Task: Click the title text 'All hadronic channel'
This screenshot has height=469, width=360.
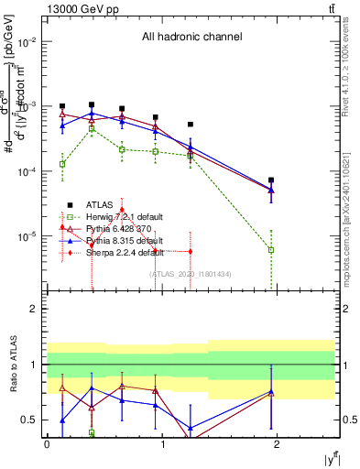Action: (x=191, y=38)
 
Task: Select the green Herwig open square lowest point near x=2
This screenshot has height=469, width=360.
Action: (x=271, y=249)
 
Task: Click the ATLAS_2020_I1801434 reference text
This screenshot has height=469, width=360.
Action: (x=191, y=273)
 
